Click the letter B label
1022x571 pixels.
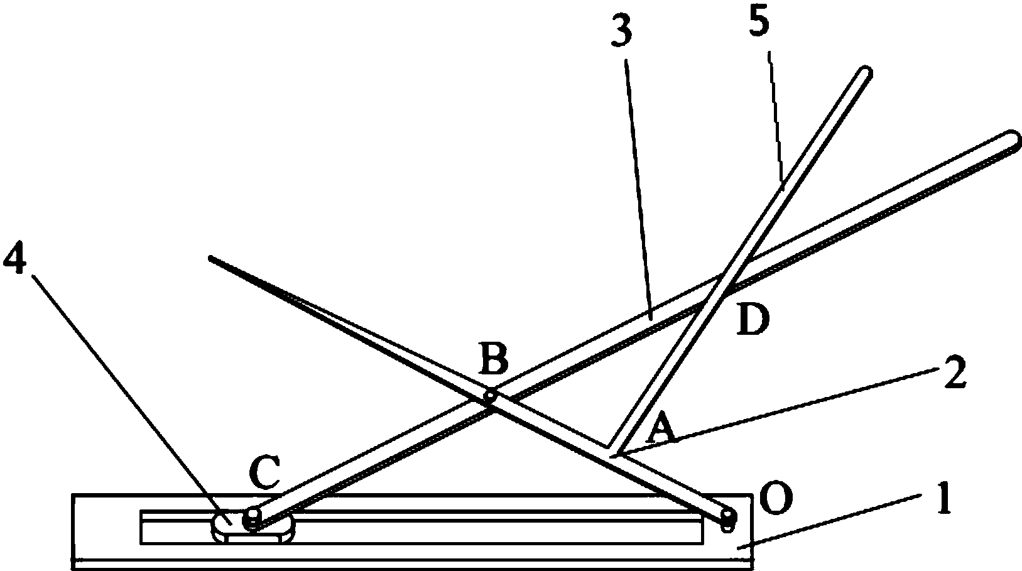(x=494, y=359)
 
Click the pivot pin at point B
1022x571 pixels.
(x=490, y=395)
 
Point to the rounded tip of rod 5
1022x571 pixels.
(x=865, y=73)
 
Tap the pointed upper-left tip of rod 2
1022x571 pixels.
(x=211, y=259)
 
